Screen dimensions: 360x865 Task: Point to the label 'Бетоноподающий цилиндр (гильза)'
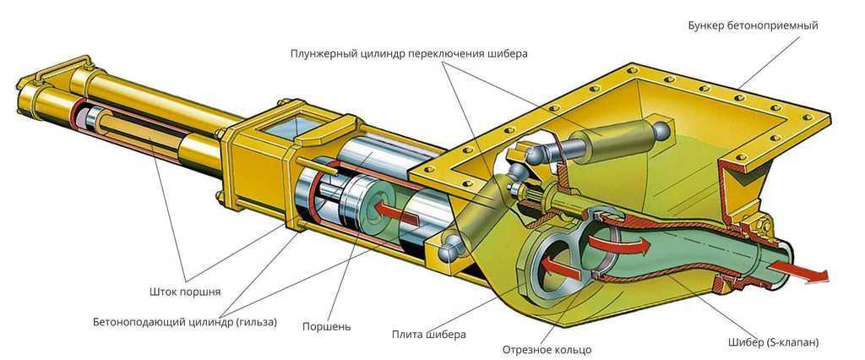[x=184, y=322]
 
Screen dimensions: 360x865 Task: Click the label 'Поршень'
[x=330, y=325]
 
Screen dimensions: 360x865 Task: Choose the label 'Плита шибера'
[x=428, y=334]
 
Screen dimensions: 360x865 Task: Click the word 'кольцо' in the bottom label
[x=570, y=349]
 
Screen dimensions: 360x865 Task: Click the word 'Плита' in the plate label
[x=408, y=334]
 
